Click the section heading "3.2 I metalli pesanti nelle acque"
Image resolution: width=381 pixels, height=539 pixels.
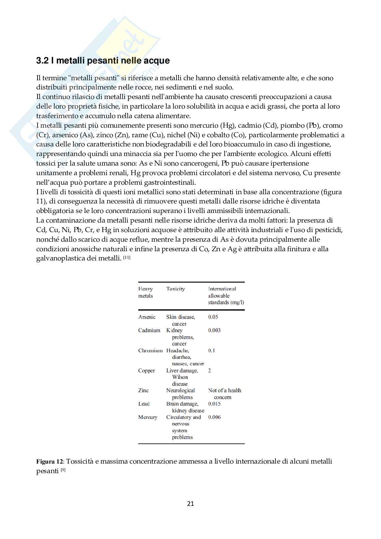pyautogui.click(x=103, y=61)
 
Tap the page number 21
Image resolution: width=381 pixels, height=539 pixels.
pyautogui.click(x=190, y=503)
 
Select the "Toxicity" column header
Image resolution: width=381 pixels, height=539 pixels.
pyautogui.click(x=175, y=289)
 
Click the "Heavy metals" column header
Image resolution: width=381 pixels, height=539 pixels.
pyautogui.click(x=145, y=292)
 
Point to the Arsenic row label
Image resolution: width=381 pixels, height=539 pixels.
pyautogui.click(x=147, y=317)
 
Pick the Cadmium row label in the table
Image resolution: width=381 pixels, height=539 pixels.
pyautogui.click(x=149, y=330)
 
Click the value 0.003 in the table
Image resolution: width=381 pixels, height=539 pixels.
pyautogui.click(x=214, y=330)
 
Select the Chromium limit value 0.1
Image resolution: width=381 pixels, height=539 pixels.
pyautogui.click(x=212, y=351)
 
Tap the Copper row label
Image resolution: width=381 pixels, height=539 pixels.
pyautogui.click(x=146, y=371)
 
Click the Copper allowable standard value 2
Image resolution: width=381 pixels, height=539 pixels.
pyautogui.click(x=210, y=371)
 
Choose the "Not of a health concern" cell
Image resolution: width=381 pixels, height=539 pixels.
pyautogui.click(x=224, y=394)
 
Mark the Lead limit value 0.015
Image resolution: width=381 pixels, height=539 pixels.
pyautogui.click(x=214, y=404)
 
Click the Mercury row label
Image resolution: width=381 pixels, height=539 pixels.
pyautogui.click(x=148, y=417)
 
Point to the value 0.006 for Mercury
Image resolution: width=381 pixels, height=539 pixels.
pyautogui.click(x=214, y=417)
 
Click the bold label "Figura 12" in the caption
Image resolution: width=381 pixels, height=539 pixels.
pyautogui.click(x=50, y=462)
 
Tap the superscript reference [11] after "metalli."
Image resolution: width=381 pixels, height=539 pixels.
pyautogui.click(x=127, y=257)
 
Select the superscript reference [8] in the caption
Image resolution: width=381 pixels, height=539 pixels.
pyautogui.click(x=63, y=470)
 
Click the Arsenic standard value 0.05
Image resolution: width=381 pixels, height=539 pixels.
pyautogui.click(x=213, y=317)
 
